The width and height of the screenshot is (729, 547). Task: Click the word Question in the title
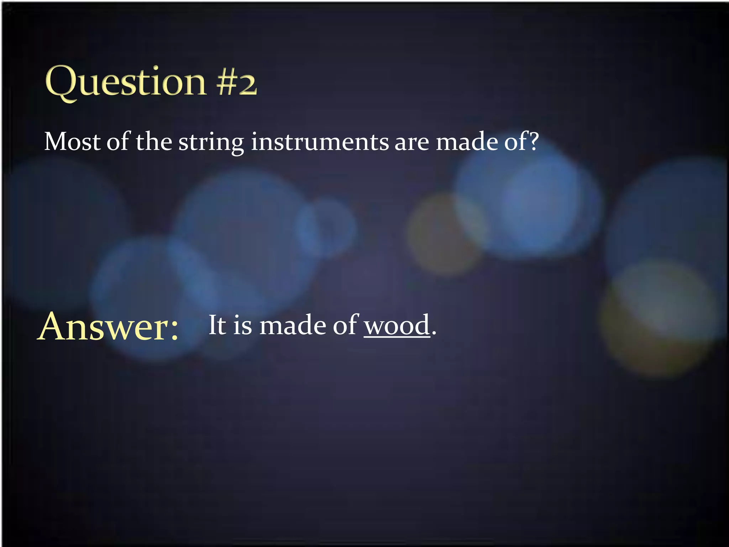coord(126,83)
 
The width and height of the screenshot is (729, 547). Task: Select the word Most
coord(73,142)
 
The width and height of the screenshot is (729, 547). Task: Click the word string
coord(211,142)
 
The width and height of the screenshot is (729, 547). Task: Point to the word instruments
coord(320,142)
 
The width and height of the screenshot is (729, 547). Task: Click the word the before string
coord(154,142)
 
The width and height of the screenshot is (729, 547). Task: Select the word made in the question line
coord(467,142)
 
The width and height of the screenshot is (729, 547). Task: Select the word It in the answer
coord(217,325)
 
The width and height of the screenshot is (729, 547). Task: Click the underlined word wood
coord(397,325)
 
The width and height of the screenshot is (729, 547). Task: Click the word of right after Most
coord(118,142)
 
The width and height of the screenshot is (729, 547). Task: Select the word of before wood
coord(345,325)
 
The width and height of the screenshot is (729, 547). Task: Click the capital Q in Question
coord(62,83)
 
